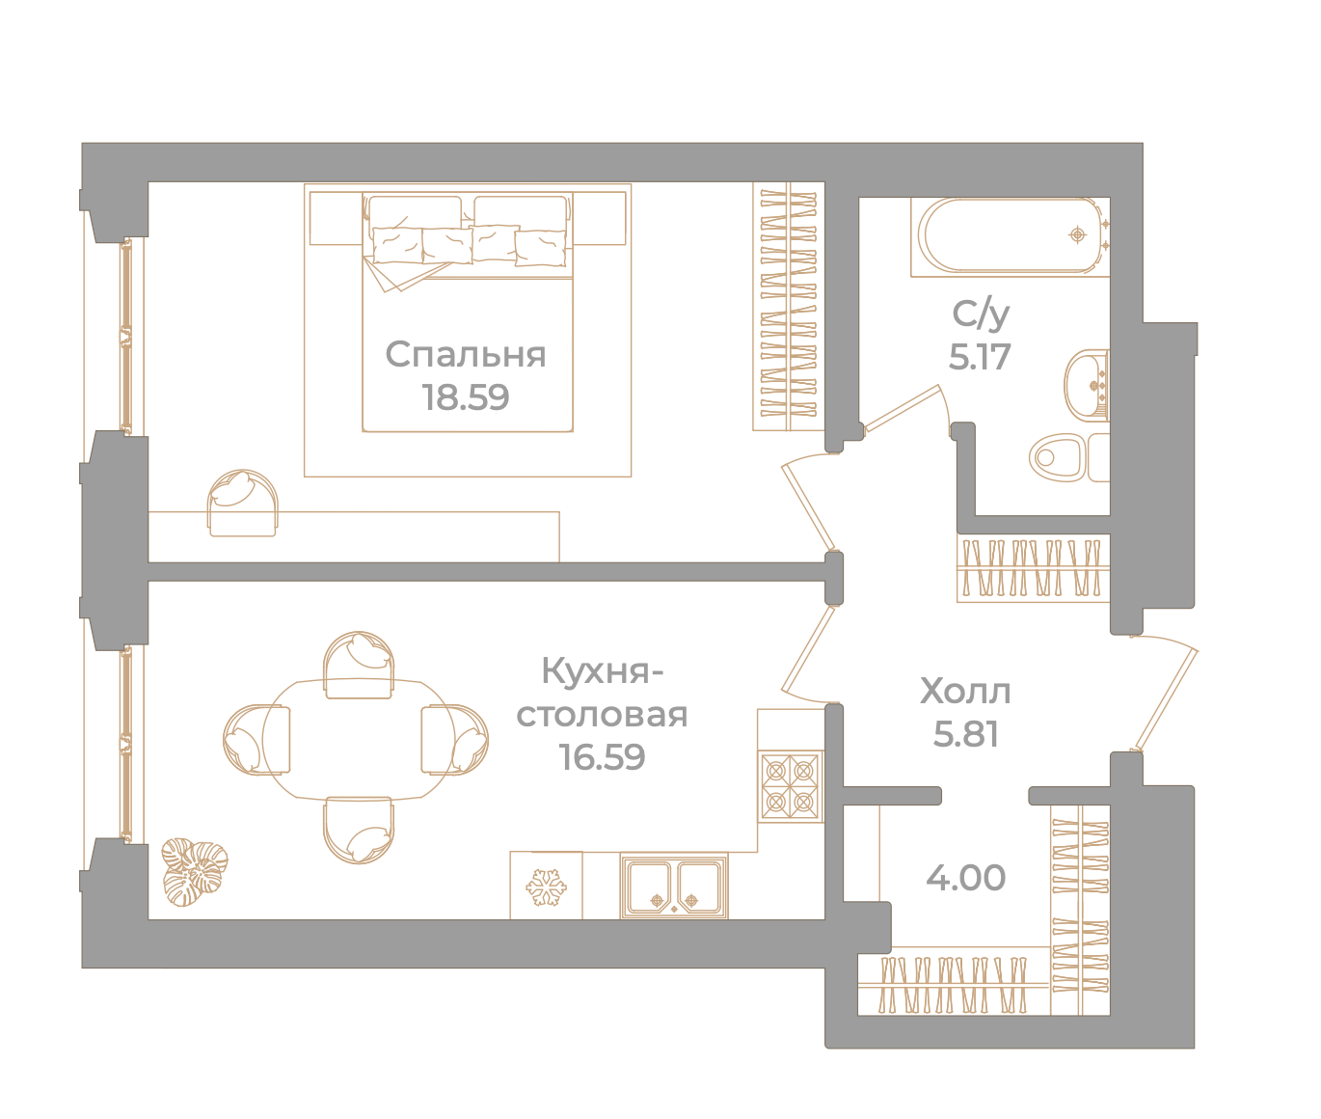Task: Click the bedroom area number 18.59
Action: click(466, 397)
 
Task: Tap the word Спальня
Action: click(466, 355)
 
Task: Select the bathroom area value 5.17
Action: click(980, 357)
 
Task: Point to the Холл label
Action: click(965, 692)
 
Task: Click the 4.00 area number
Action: click(965, 878)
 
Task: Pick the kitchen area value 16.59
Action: click(602, 757)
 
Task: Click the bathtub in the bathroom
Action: click(1011, 236)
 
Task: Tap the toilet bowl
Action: click(1069, 458)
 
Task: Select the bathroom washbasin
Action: click(1087, 386)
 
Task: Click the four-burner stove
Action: click(791, 786)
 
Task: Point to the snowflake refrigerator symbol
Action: click(546, 887)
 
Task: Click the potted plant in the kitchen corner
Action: click(194, 871)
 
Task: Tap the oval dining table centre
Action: click(359, 740)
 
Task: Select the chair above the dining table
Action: click(359, 665)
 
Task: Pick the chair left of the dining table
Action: click(256, 740)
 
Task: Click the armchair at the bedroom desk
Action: click(242, 504)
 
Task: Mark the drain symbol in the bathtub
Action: click(1077, 235)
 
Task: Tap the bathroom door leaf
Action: click(902, 408)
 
